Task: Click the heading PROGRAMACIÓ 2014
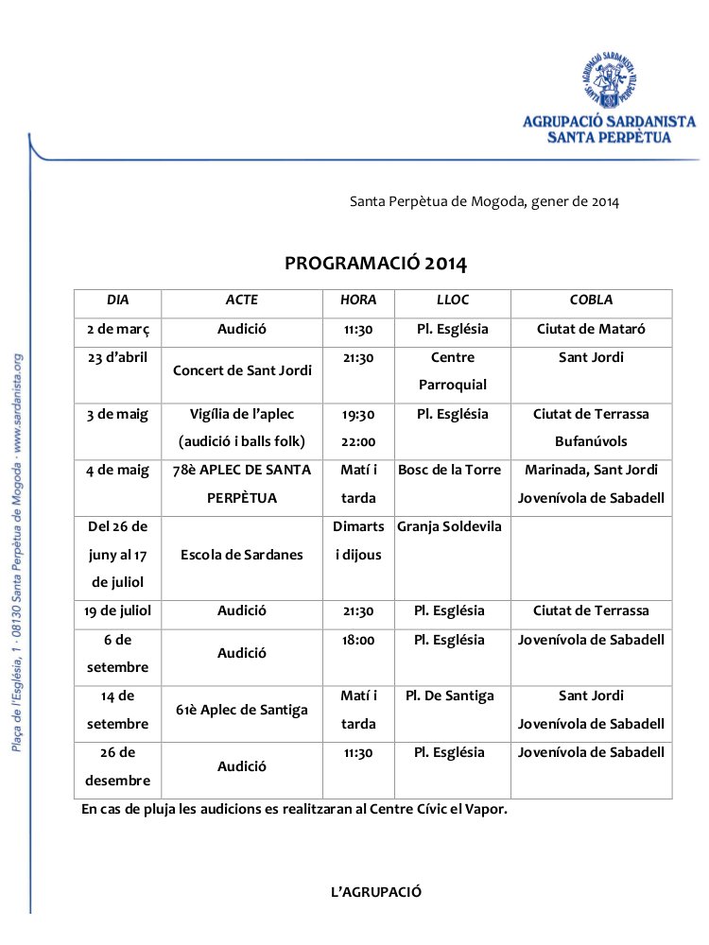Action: pyautogui.click(x=376, y=263)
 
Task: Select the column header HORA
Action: pyautogui.click(x=358, y=301)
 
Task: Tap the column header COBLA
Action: pyautogui.click(x=591, y=301)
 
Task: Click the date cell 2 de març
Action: pyautogui.click(x=118, y=330)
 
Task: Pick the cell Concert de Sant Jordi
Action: pyautogui.click(x=242, y=370)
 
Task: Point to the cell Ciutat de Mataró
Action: pyautogui.click(x=591, y=330)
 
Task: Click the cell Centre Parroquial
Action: pyautogui.click(x=452, y=371)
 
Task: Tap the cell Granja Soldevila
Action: pyautogui.click(x=450, y=526)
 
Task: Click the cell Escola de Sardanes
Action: pyautogui.click(x=242, y=555)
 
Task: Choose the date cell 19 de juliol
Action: pyautogui.click(x=118, y=611)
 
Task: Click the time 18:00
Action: pyautogui.click(x=358, y=640)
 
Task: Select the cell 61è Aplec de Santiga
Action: pyautogui.click(x=242, y=710)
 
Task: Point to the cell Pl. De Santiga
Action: pyautogui.click(x=450, y=696)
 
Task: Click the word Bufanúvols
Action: pyautogui.click(x=591, y=441)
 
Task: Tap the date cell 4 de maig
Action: pyautogui.click(x=118, y=470)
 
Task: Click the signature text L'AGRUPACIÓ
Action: pyautogui.click(x=376, y=892)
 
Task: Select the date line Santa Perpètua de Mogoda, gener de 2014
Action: pyautogui.click(x=484, y=201)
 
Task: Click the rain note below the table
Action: pyautogui.click(x=295, y=809)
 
